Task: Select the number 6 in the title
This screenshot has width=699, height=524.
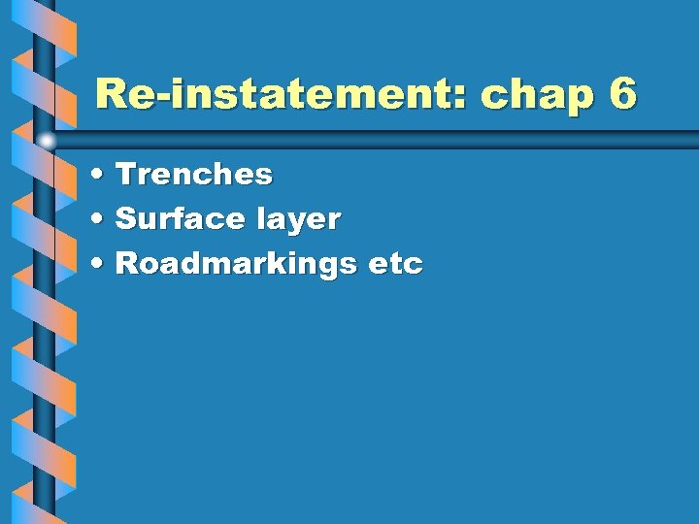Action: coord(622,94)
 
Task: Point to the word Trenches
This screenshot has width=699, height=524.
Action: coord(194,175)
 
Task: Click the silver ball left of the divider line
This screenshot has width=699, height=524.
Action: coord(47,141)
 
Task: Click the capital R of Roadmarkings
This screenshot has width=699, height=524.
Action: coord(125,264)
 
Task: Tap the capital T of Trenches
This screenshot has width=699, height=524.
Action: coord(125,175)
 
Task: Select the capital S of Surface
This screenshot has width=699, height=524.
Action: coord(124,219)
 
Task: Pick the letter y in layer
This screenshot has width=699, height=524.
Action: coord(295,224)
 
